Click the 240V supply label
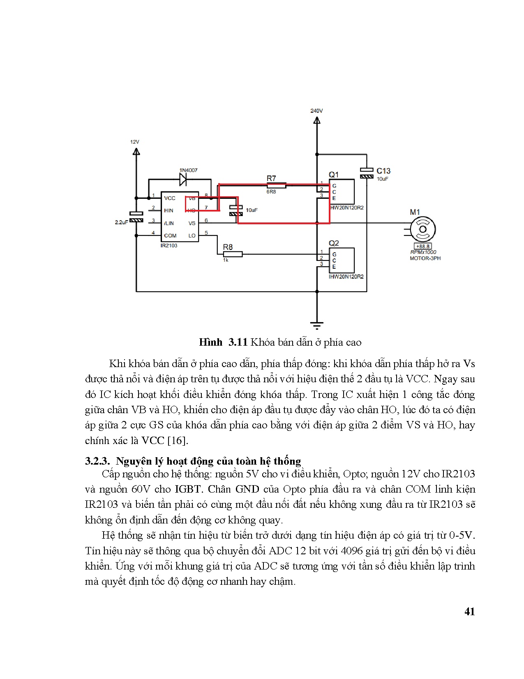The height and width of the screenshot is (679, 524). pyautogui.click(x=316, y=111)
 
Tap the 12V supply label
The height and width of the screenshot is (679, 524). pyautogui.click(x=135, y=142)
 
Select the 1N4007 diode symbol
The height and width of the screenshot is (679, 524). pyautogui.click(x=183, y=179)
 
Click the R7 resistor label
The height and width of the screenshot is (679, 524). pyautogui.click(x=271, y=178)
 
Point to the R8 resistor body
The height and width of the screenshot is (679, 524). pyautogui.click(x=233, y=254)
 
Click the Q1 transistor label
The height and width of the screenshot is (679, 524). pyautogui.click(x=334, y=174)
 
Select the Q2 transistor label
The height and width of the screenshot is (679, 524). pyautogui.click(x=334, y=243)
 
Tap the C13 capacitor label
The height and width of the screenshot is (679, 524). pyautogui.click(x=383, y=171)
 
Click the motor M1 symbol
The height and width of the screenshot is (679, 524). pyautogui.click(x=423, y=229)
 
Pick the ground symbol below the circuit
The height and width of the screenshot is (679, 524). pyautogui.click(x=316, y=326)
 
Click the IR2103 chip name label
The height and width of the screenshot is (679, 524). pyautogui.click(x=169, y=246)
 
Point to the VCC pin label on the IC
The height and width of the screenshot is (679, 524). pyautogui.click(x=170, y=198)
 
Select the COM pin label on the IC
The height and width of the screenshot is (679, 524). pyautogui.click(x=170, y=236)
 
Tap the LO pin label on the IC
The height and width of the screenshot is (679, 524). pyautogui.click(x=192, y=236)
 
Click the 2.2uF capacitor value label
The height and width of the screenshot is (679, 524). pyautogui.click(x=121, y=222)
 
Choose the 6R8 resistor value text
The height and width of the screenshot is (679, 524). pyautogui.click(x=271, y=192)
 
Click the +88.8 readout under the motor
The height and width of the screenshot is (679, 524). pyautogui.click(x=423, y=246)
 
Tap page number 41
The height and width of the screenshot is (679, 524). pyautogui.click(x=469, y=612)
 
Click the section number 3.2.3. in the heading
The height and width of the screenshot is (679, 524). pyautogui.click(x=98, y=461)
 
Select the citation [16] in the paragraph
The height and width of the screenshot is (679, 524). pyautogui.click(x=177, y=440)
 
